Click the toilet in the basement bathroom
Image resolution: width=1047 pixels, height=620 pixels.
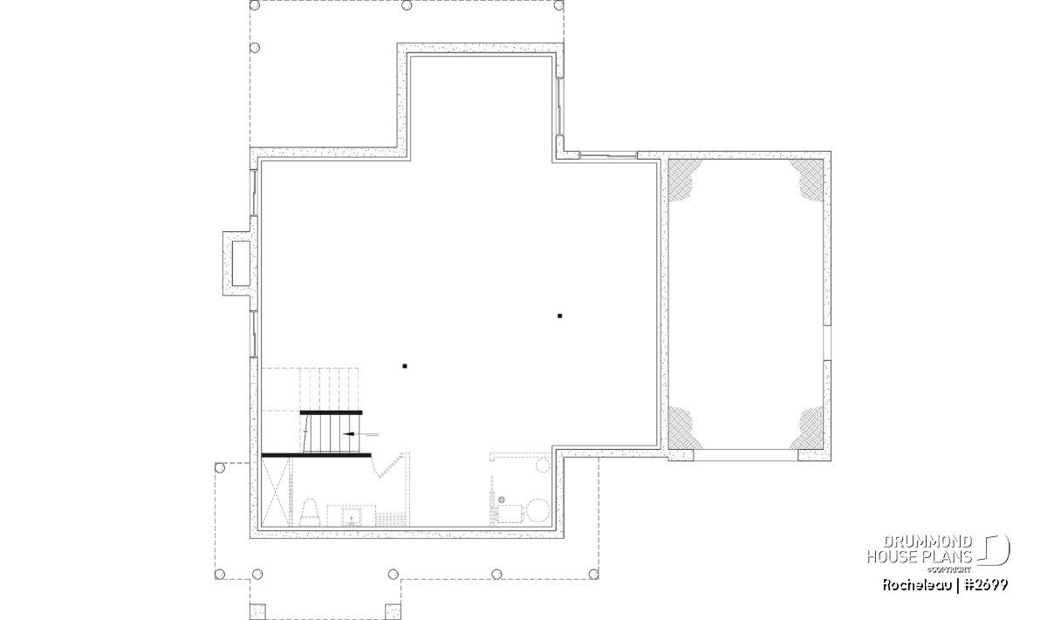click(310, 513)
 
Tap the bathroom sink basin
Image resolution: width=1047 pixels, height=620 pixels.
click(351, 517)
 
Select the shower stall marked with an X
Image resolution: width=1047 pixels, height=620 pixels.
click(276, 492)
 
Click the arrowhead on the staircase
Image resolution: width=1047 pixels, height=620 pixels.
click(348, 434)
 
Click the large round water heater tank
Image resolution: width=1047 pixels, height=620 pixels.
click(538, 510)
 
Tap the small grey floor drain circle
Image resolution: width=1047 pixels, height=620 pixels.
click(502, 500)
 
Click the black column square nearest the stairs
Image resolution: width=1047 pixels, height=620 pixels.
click(405, 366)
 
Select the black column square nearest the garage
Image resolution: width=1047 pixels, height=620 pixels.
click(559, 316)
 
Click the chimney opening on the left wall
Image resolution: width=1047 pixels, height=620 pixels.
click(241, 263)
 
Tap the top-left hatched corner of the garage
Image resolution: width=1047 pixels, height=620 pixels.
click(684, 180)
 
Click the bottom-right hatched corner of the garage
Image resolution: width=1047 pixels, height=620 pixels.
click(808, 427)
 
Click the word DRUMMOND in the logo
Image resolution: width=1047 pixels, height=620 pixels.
click(927, 542)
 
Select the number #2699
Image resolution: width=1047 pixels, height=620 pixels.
click(986, 585)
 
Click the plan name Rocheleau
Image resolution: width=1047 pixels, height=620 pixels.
click(917, 585)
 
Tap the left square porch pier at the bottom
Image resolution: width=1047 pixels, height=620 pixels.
click(257, 611)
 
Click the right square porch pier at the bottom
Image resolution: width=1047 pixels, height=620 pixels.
click(393, 611)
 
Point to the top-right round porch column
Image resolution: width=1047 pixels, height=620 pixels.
click(558, 5)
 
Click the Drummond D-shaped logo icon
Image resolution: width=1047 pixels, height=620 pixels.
click(994, 549)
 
